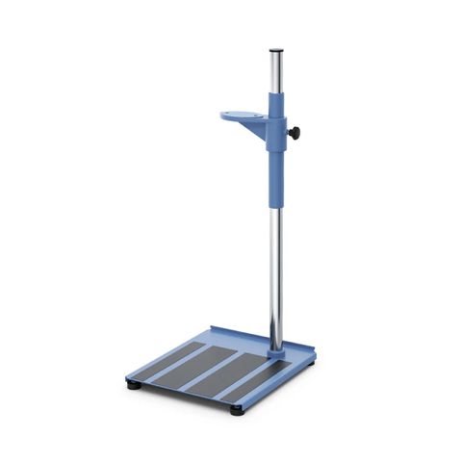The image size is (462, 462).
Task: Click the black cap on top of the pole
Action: pyautogui.click(x=276, y=49)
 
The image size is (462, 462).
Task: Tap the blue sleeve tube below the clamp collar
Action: pyautogui.click(x=277, y=173)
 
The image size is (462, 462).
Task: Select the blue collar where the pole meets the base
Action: pyautogui.click(x=277, y=352)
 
